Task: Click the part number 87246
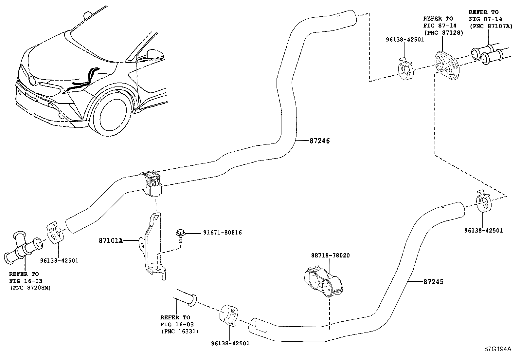(x=319, y=141)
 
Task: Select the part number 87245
(x=433, y=282)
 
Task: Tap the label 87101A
(x=111, y=241)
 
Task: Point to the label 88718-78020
(x=330, y=256)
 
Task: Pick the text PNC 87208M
(x=30, y=288)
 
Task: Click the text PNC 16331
(x=180, y=331)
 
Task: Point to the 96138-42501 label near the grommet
(x=404, y=40)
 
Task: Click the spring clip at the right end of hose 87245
(x=483, y=202)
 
